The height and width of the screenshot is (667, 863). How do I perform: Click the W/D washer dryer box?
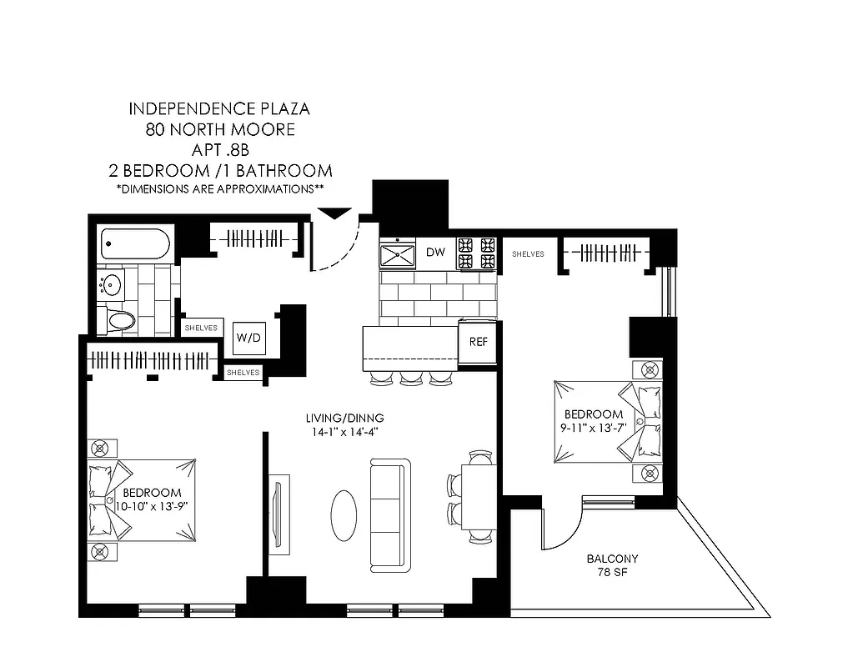(x=248, y=338)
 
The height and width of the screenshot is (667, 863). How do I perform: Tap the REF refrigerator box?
(x=478, y=342)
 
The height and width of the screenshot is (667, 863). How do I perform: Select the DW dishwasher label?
(x=435, y=252)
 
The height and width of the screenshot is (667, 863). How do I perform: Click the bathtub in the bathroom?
(x=135, y=243)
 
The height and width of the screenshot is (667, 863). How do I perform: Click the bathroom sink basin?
(x=111, y=285)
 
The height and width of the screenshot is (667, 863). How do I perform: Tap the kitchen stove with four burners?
(x=476, y=253)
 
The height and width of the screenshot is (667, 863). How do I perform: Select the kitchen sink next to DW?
(x=398, y=253)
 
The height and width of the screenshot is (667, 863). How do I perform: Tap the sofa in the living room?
(x=390, y=514)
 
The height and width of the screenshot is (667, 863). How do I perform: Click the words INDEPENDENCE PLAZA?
(x=220, y=109)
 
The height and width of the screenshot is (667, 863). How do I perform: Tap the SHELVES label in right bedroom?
(x=528, y=253)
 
